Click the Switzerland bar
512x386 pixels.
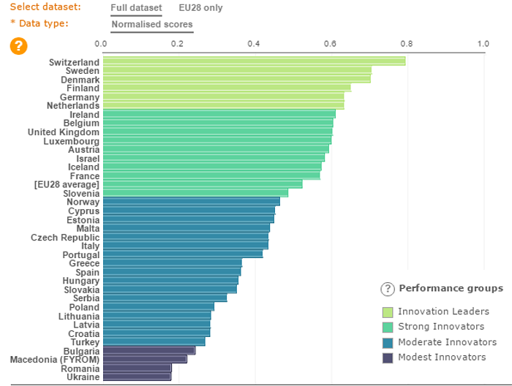pyautogui.click(x=254, y=61)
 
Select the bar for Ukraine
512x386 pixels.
pyautogui.click(x=137, y=376)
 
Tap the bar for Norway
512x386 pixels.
pyautogui.click(x=191, y=201)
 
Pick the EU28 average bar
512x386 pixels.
pyautogui.click(x=203, y=184)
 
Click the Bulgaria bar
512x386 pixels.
pyautogui.click(x=148, y=350)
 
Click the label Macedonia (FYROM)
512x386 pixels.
pyautogui.click(x=54, y=359)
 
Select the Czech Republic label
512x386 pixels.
pyautogui.click(x=64, y=237)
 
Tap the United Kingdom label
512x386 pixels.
pyautogui.click(x=63, y=132)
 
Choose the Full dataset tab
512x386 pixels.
pyautogui.click(x=136, y=8)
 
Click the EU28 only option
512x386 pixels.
pyautogui.click(x=200, y=8)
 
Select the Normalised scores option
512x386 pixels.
pyautogui.click(x=152, y=25)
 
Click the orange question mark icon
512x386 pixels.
pyautogui.click(x=18, y=46)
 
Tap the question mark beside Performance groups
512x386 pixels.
pyautogui.click(x=387, y=289)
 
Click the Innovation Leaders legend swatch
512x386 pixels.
pyautogui.click(x=387, y=312)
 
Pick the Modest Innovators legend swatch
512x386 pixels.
pyautogui.click(x=387, y=357)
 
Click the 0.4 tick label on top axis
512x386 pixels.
pyautogui.click(x=254, y=44)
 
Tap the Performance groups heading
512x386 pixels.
pyautogui.click(x=451, y=288)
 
